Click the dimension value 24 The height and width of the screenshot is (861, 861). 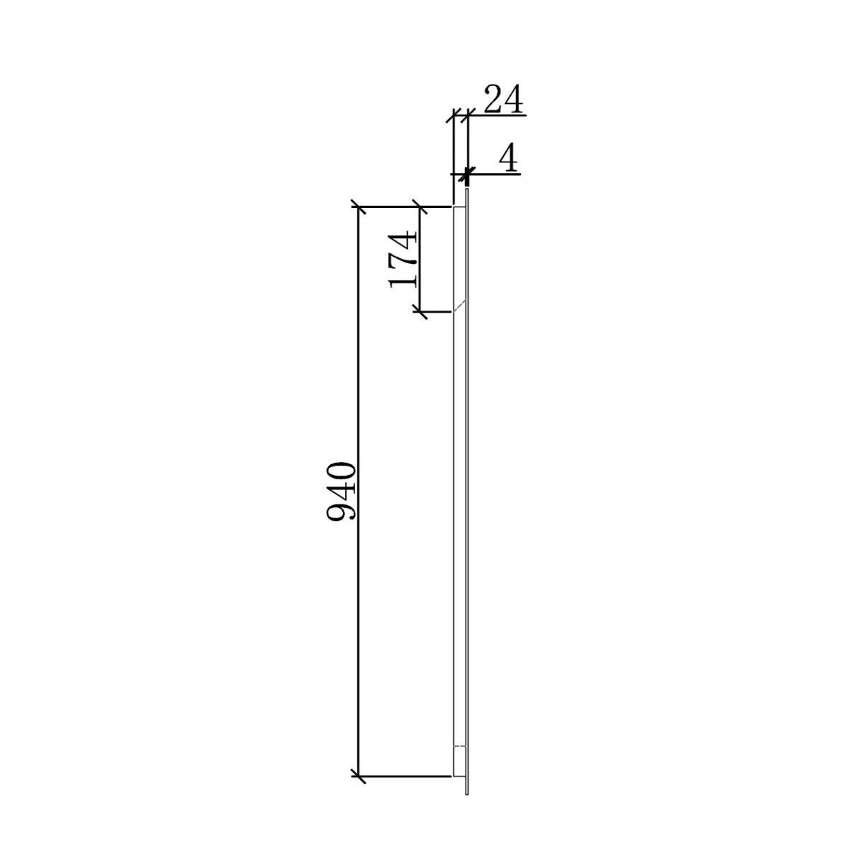click(x=503, y=100)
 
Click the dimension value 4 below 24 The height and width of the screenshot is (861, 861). click(x=509, y=158)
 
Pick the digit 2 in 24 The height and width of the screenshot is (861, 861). click(x=494, y=100)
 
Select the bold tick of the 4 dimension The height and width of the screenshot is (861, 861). click(x=468, y=174)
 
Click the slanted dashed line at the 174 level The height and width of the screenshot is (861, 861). click(x=459, y=306)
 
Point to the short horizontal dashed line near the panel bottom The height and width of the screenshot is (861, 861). click(x=460, y=747)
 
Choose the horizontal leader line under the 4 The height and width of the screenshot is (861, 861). click(x=495, y=174)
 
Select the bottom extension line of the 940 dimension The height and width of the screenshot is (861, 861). click(x=405, y=776)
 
